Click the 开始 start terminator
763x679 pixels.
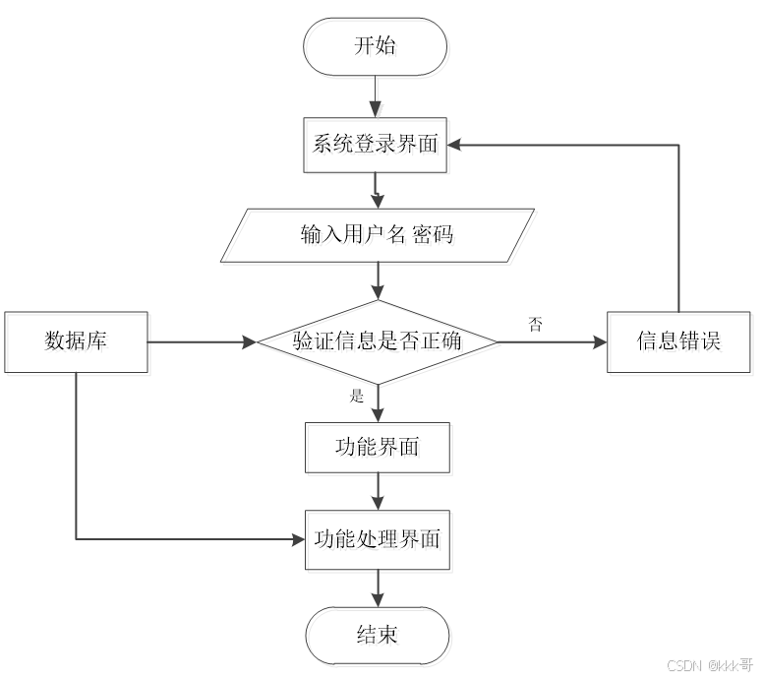point(375,47)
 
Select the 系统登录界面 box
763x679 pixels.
point(375,145)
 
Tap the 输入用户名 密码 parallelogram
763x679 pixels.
point(378,235)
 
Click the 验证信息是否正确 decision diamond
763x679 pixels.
point(378,341)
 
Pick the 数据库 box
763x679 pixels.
point(76,341)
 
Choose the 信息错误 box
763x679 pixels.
point(678,341)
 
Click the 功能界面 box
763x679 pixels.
point(378,447)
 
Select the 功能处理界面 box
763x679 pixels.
point(378,539)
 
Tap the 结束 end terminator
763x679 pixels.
point(378,635)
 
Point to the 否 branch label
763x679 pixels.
point(535,324)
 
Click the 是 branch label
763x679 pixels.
point(356,396)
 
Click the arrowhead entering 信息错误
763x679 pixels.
point(600,341)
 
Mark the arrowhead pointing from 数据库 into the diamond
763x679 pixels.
point(250,341)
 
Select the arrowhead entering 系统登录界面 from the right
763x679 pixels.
point(453,145)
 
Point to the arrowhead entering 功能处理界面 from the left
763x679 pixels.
point(298,539)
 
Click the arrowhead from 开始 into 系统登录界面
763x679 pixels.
point(375,110)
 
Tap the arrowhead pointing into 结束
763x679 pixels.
point(378,600)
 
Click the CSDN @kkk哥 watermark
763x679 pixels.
point(710,665)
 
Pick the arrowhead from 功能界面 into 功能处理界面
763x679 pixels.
point(378,504)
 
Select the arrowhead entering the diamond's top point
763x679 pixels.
point(378,292)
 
